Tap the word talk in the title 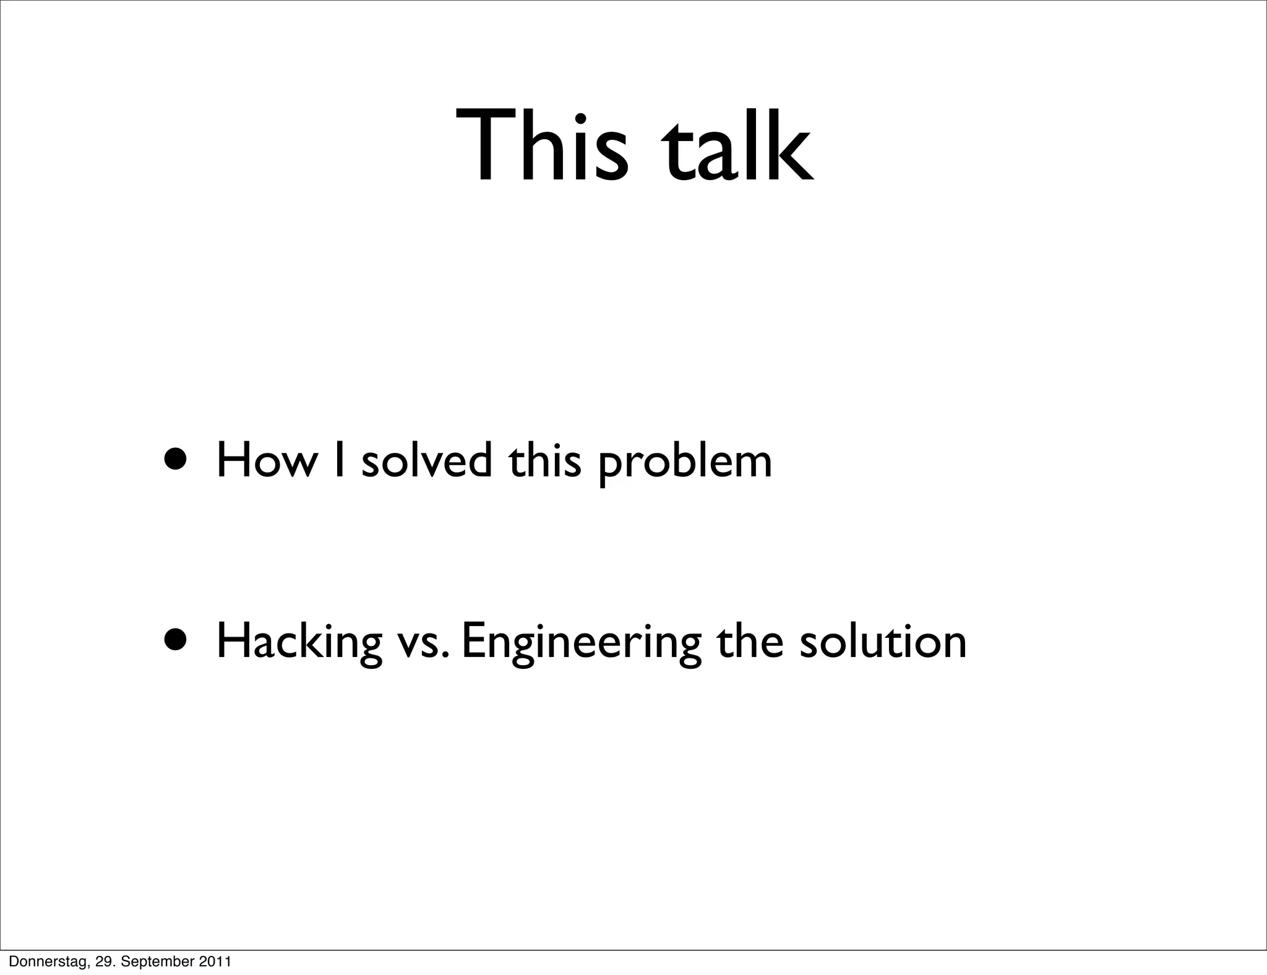[x=737, y=146]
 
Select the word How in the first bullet [x=265, y=461]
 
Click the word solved [x=427, y=461]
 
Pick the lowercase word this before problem [x=545, y=461]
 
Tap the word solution [x=883, y=641]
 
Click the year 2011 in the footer [x=215, y=961]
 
